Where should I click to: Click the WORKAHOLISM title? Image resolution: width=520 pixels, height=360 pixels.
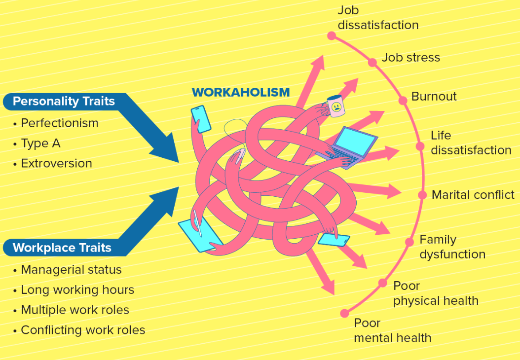pos(240,92)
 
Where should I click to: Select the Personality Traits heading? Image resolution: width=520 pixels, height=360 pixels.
pos(64,102)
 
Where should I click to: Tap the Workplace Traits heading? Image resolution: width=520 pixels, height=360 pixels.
pos(62,248)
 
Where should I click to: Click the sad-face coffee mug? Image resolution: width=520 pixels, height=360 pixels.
pos(336,106)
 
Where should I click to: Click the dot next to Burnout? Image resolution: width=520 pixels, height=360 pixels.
pos(403,100)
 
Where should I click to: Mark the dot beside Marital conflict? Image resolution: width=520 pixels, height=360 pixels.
pos(422,195)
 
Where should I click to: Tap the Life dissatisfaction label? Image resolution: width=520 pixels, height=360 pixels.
pos(471,143)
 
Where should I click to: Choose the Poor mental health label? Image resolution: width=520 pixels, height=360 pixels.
pos(393,330)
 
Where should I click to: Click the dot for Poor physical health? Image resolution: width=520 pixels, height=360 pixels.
pos(382,283)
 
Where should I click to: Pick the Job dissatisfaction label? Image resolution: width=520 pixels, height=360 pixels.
pos(378,18)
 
